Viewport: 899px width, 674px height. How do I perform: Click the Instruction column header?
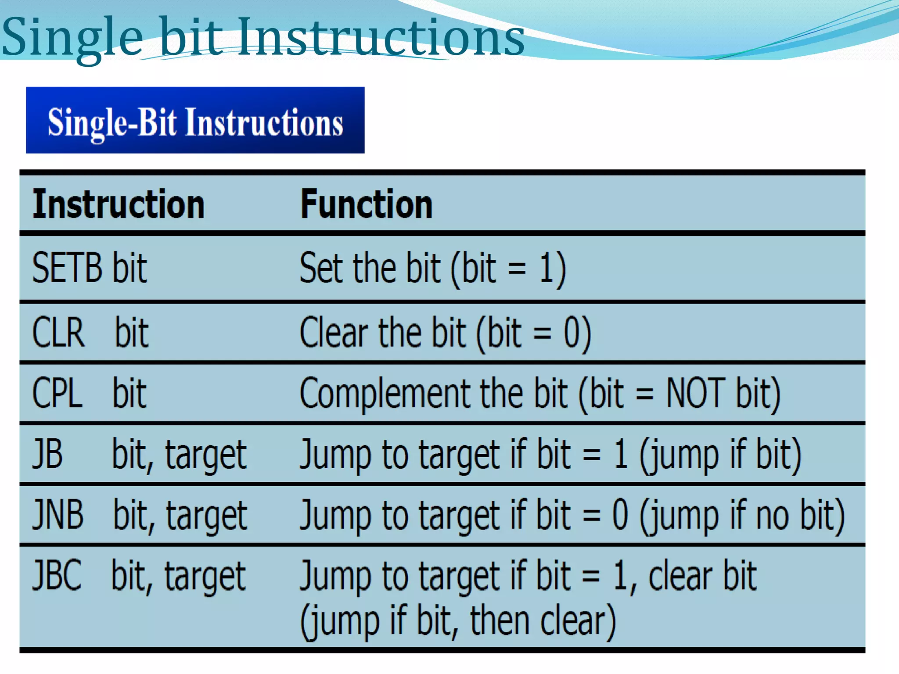click(x=119, y=204)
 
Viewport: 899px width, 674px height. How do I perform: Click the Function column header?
click(x=366, y=204)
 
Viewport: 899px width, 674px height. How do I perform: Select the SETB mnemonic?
click(x=67, y=268)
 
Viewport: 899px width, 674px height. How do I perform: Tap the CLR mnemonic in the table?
click(x=58, y=333)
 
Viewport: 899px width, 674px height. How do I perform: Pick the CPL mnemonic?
click(x=57, y=393)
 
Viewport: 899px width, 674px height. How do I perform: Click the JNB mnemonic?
click(x=58, y=514)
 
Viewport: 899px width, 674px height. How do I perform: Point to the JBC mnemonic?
click(x=57, y=575)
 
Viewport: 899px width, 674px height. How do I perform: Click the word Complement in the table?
click(x=385, y=394)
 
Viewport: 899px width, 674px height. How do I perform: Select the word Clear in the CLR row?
click(x=334, y=333)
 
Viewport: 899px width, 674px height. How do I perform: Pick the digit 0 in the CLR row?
click(x=572, y=333)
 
